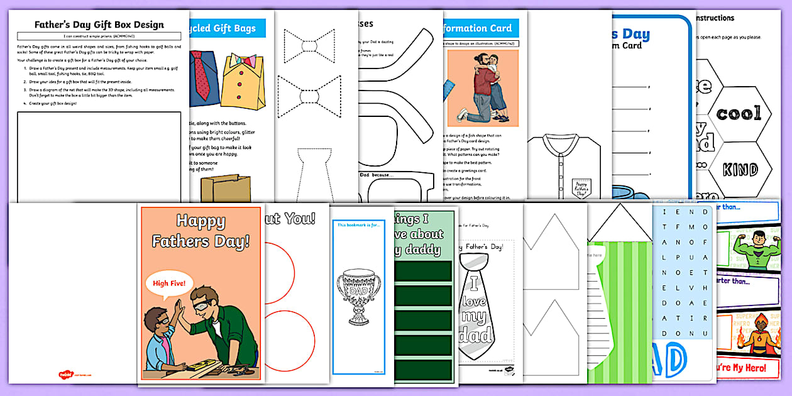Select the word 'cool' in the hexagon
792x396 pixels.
click(739, 114)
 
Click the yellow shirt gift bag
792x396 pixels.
click(243, 82)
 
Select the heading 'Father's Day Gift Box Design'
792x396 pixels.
click(99, 25)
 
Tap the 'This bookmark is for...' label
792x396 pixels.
click(358, 224)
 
